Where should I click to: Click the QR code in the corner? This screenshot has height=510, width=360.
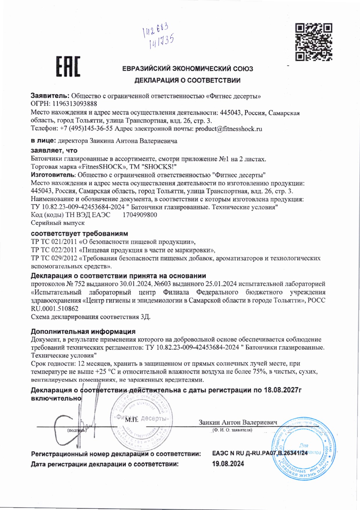point(314,42)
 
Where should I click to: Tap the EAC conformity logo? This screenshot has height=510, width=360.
point(68,67)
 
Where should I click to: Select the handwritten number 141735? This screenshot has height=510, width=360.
point(161,42)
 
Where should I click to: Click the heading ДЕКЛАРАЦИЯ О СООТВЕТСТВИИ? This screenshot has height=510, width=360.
point(187,80)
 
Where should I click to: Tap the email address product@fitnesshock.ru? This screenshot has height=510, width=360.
point(228,129)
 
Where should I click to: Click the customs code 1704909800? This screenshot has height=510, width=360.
point(140,215)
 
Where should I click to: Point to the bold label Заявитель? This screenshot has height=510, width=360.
point(50,96)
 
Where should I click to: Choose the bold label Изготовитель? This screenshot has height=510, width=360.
point(53,175)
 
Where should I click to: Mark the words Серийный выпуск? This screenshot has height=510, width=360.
point(58,223)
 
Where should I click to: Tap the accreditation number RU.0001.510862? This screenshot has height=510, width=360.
point(55,308)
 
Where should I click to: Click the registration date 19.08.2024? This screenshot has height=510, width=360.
point(228,464)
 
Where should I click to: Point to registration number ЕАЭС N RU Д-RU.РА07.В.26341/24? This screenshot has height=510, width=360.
point(260,453)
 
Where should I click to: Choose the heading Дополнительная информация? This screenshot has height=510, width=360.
point(83,331)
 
